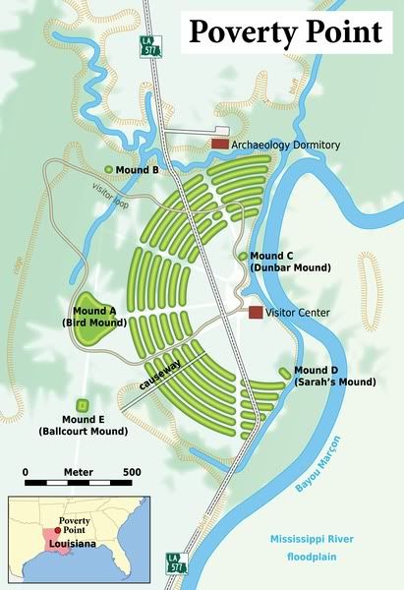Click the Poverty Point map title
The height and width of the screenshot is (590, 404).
[285, 32]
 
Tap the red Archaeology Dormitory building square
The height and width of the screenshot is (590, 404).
[219, 145]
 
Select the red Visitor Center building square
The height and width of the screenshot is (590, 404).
[256, 312]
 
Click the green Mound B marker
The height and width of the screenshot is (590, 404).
[108, 169]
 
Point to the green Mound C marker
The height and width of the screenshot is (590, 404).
[243, 256]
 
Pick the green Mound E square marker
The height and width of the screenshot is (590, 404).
[83, 405]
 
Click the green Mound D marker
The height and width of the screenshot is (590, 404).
[284, 373]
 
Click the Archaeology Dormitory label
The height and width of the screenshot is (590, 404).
[287, 146]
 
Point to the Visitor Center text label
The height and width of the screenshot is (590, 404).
[298, 313]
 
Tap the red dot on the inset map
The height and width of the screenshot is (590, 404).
[57, 530]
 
